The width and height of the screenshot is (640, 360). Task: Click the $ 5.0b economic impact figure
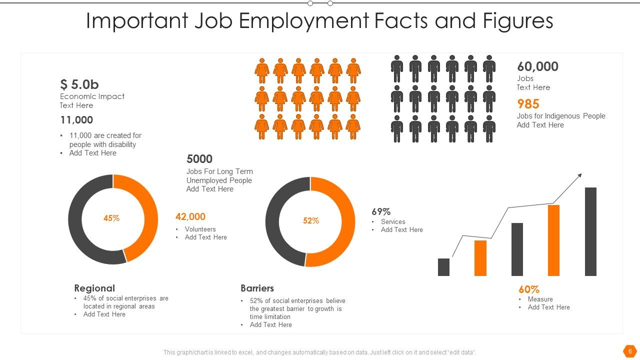[x=79, y=84]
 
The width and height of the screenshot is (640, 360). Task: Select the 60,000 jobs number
[x=537, y=66]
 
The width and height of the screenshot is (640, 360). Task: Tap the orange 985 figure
[x=528, y=104]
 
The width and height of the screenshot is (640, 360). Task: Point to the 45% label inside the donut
[x=111, y=218]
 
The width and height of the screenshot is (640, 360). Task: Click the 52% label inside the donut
[x=311, y=220]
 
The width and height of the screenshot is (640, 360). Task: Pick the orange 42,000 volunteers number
[x=190, y=216]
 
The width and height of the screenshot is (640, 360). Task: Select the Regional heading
[x=94, y=288]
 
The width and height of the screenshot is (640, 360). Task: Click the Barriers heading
[x=257, y=288]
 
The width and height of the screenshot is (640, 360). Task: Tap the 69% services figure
[x=381, y=211]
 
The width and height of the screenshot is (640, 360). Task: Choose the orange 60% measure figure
[x=529, y=289]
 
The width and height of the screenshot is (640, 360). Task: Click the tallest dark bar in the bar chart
[x=590, y=231]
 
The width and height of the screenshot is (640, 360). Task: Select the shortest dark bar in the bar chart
[x=443, y=267]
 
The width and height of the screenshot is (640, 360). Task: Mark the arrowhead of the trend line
[x=579, y=175]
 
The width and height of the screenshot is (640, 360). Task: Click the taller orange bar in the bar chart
[x=553, y=240]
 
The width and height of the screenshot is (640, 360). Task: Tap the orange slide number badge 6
[x=630, y=350]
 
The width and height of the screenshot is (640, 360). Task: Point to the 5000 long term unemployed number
[x=199, y=159]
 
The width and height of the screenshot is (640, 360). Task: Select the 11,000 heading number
[x=76, y=120]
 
